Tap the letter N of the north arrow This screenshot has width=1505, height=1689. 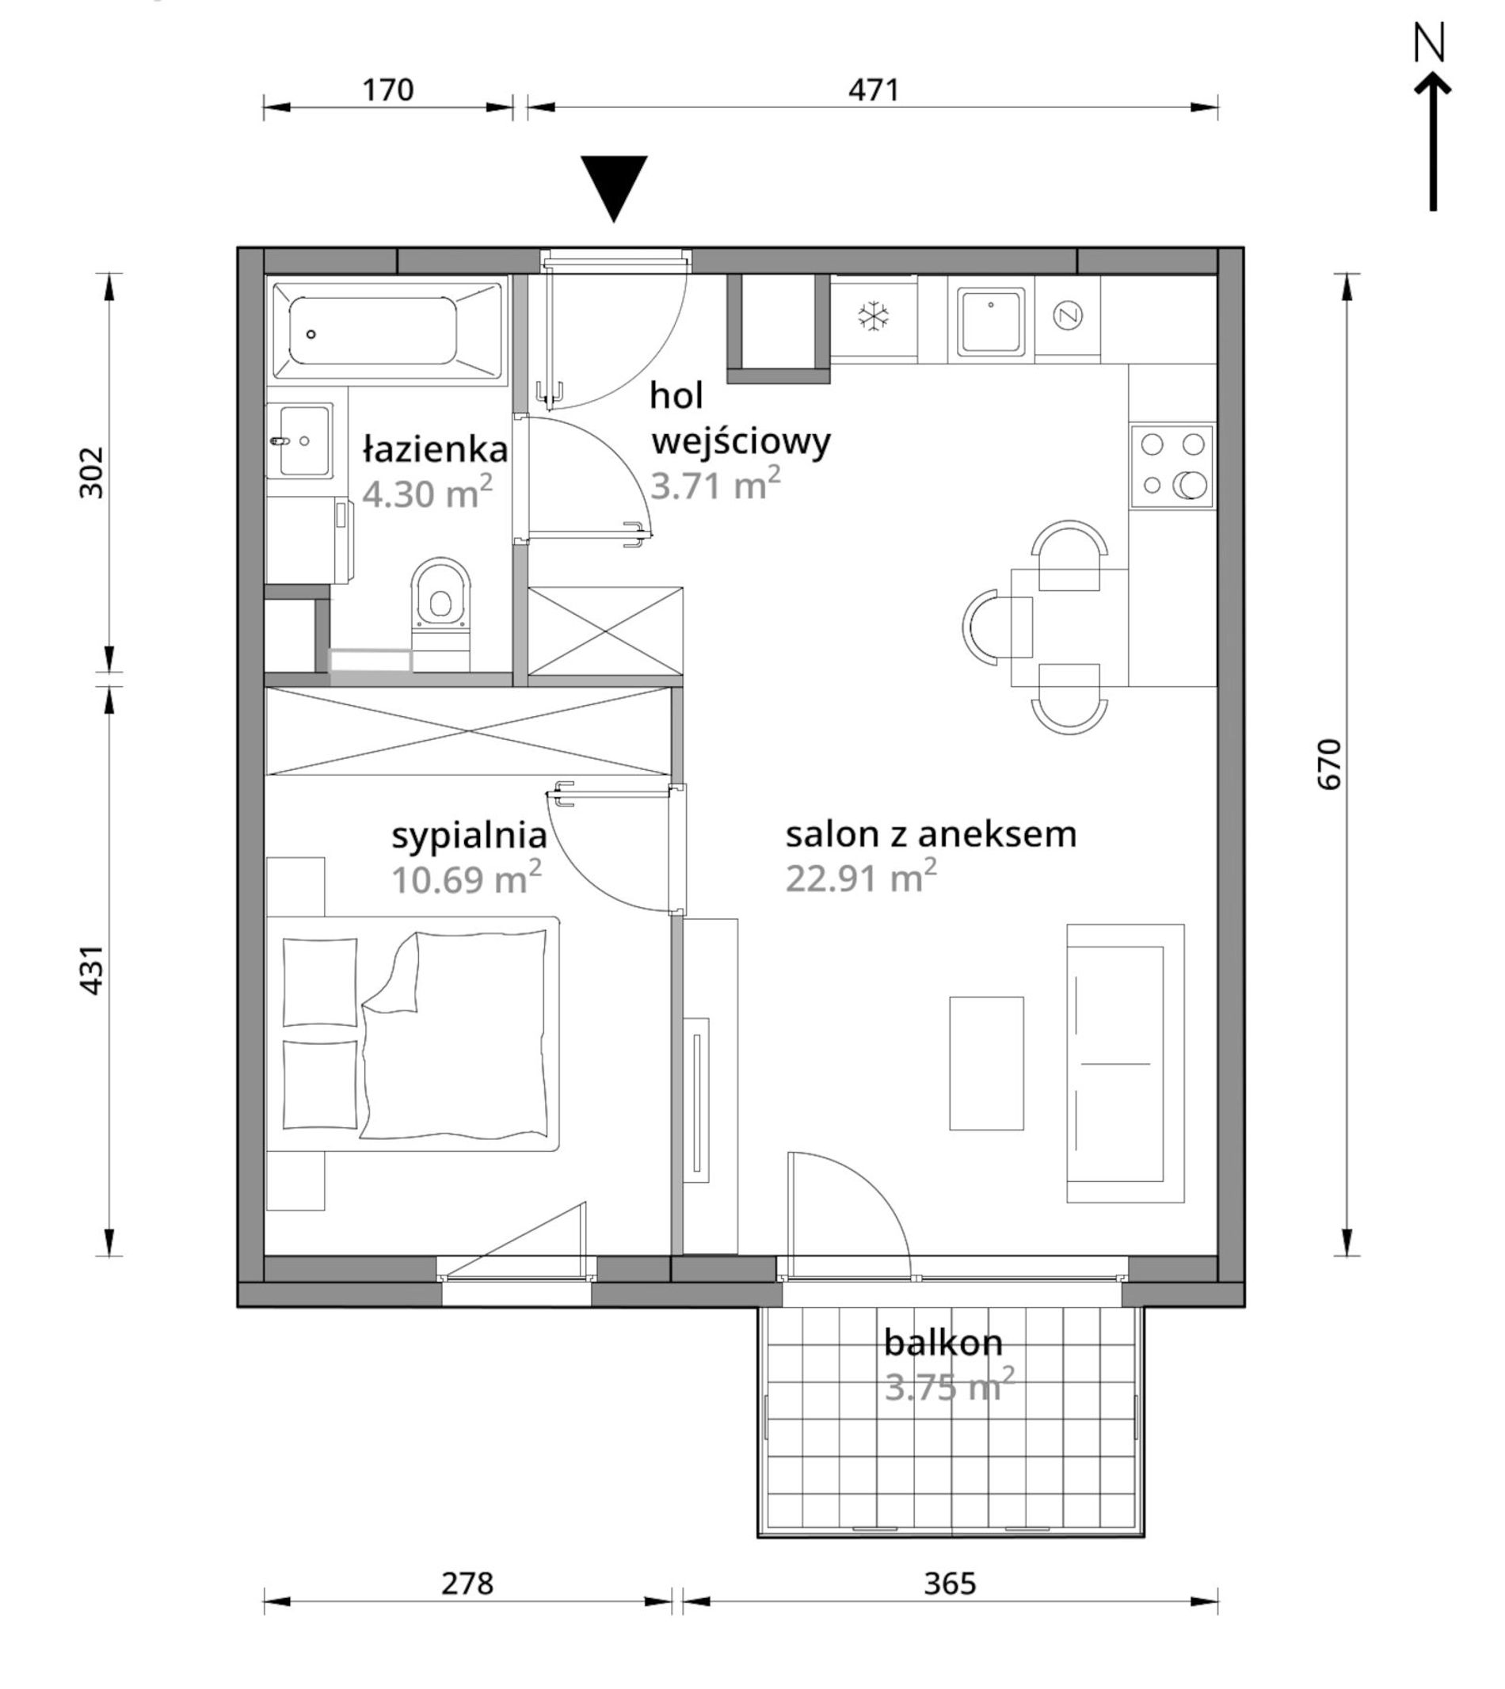[1429, 43]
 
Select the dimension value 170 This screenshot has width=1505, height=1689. [388, 90]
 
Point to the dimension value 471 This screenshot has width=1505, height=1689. [873, 90]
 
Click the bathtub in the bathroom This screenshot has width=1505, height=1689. [387, 331]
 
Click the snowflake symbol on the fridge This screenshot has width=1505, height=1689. [872, 316]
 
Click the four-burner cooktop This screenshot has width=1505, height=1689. [1172, 466]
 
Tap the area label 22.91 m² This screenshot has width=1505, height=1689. [861, 877]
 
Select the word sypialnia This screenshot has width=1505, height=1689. [469, 837]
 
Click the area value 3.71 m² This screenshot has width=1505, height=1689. [715, 484]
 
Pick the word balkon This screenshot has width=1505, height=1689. [943, 1343]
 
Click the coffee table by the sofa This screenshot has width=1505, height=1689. [986, 1063]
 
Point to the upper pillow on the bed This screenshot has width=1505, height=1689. [320, 982]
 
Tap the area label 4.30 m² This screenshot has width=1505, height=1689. [428, 493]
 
